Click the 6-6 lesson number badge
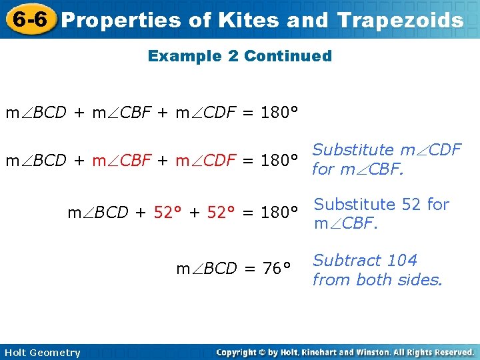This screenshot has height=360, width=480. point(29,19)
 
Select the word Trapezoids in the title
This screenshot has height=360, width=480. point(400,21)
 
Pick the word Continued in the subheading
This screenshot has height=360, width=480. point(288,56)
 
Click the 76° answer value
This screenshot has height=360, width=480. point(276,269)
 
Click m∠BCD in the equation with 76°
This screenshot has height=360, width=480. point(206,269)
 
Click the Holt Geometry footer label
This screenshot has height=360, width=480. point(41,353)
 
